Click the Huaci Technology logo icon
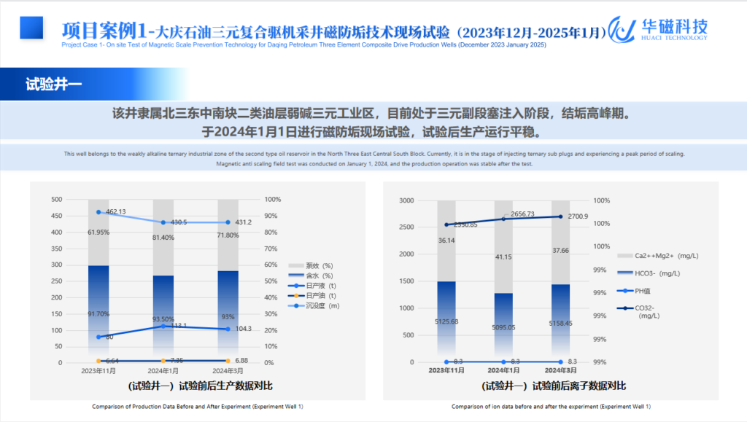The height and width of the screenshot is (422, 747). [622, 29]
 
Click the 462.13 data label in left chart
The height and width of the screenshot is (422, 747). [116, 211]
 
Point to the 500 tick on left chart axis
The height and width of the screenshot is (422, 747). [56, 199]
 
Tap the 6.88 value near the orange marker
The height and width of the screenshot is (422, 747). [239, 361]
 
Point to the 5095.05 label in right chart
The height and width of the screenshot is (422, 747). [503, 327]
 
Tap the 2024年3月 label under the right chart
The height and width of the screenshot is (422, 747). [560, 371]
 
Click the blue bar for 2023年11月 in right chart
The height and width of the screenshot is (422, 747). [446, 321]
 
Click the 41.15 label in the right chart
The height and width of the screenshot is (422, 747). [503, 257]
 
